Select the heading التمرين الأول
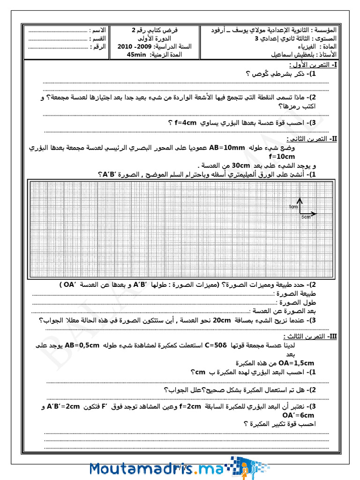(313, 65)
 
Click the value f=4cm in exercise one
(185, 123)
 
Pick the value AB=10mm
(227, 148)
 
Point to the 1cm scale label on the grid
(293, 207)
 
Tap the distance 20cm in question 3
(222, 320)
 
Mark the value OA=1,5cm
(296, 363)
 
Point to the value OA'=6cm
(298, 415)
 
